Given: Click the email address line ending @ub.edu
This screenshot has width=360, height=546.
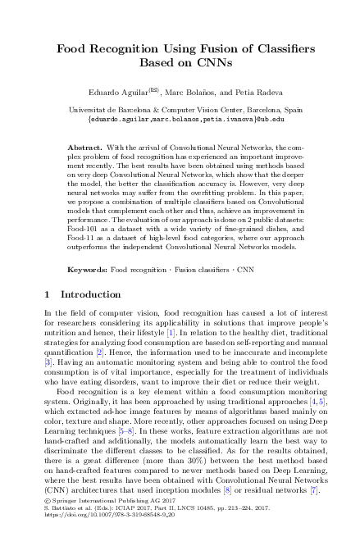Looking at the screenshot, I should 180,119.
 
